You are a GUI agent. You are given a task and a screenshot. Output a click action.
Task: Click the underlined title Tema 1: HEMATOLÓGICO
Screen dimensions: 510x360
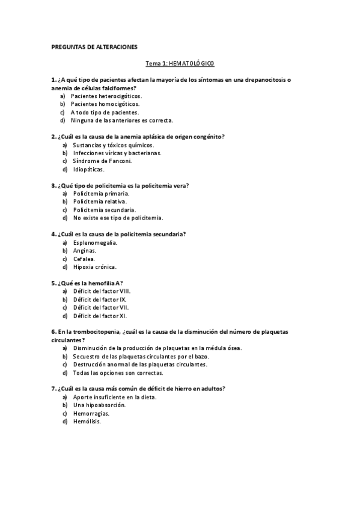pyautogui.click(x=180, y=63)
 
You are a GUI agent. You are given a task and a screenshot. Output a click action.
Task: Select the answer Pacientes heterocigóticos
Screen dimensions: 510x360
pyautogui.click(x=106, y=96)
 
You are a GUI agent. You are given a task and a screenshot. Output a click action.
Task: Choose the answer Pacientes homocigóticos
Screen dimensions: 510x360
pyautogui.click(x=105, y=104)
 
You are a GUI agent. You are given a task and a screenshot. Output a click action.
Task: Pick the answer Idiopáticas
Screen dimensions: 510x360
pyautogui.click(x=88, y=170)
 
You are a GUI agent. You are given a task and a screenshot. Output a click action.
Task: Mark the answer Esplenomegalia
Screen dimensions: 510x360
pyautogui.click(x=95, y=242)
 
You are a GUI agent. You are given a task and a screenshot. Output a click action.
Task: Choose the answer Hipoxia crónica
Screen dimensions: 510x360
pyautogui.click(x=94, y=266)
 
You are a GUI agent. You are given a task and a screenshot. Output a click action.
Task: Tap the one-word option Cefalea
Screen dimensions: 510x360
pyautogui.click(x=84, y=259)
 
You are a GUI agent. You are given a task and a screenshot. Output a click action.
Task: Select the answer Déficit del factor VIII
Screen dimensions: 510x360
pyautogui.click(x=102, y=291)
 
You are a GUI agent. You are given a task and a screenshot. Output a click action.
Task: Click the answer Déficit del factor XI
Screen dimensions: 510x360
pyautogui.click(x=100, y=315)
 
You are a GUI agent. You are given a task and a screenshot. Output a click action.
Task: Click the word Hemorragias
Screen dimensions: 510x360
pyautogui.click(x=91, y=413)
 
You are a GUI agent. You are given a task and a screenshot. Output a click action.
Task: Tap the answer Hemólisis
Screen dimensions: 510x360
pyautogui.click(x=87, y=421)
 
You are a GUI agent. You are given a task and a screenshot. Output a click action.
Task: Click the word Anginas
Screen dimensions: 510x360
pyautogui.click(x=85, y=250)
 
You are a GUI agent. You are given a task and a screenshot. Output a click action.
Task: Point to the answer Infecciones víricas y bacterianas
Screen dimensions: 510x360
pyautogui.click(x=117, y=153)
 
